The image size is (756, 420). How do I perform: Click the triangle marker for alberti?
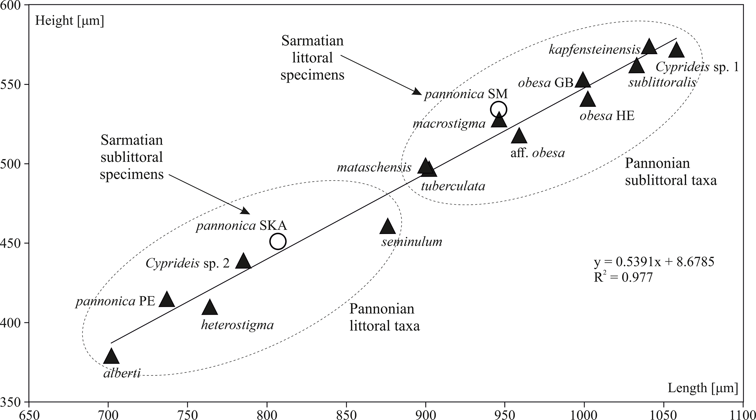coord(111,357)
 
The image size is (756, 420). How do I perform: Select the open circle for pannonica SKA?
coord(278,241)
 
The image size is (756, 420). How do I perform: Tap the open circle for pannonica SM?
coord(499,109)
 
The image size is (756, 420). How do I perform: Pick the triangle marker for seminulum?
coord(388,227)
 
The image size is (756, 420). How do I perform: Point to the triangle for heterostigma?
coord(210,308)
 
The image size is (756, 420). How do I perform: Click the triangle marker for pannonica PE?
coord(167,300)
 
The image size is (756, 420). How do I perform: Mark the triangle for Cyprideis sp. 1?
coord(676,50)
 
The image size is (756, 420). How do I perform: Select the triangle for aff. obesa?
coord(519,136)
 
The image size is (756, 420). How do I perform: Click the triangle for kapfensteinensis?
coord(649,46)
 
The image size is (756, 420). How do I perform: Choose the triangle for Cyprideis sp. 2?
coord(243,261)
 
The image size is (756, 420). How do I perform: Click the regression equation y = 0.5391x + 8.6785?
coord(654,262)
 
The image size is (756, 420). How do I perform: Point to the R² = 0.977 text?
coord(623,277)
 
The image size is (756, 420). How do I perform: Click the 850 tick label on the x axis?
coord(346,414)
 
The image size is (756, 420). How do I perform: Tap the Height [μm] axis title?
coord(69,21)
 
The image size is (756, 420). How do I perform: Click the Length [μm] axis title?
coord(697,388)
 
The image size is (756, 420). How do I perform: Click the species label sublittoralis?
coord(662,83)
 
